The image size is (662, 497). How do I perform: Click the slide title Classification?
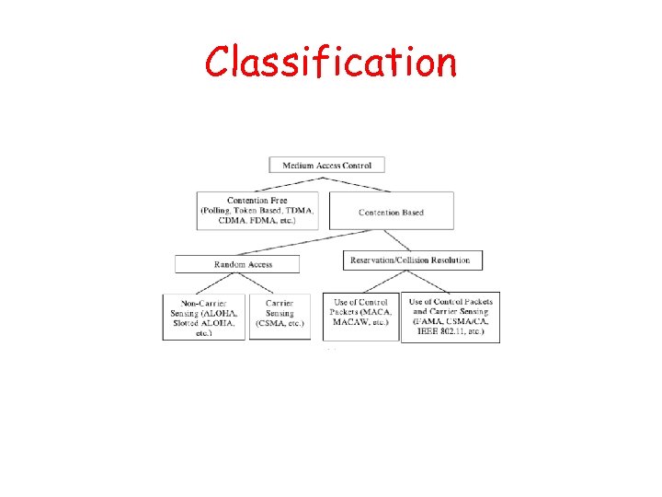point(330,63)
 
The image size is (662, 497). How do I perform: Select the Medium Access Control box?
point(326,166)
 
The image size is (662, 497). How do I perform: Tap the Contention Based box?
point(392,212)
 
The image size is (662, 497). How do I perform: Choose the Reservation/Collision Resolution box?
point(410,260)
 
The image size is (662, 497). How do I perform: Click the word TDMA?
point(300,211)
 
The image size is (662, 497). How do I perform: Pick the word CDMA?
point(222,221)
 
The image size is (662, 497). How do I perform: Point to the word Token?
point(254,211)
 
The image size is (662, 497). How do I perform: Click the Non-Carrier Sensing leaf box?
point(204,318)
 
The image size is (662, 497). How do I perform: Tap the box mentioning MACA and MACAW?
point(360,318)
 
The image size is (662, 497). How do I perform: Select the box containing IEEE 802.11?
point(451,318)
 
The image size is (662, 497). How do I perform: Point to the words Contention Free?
point(257,201)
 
